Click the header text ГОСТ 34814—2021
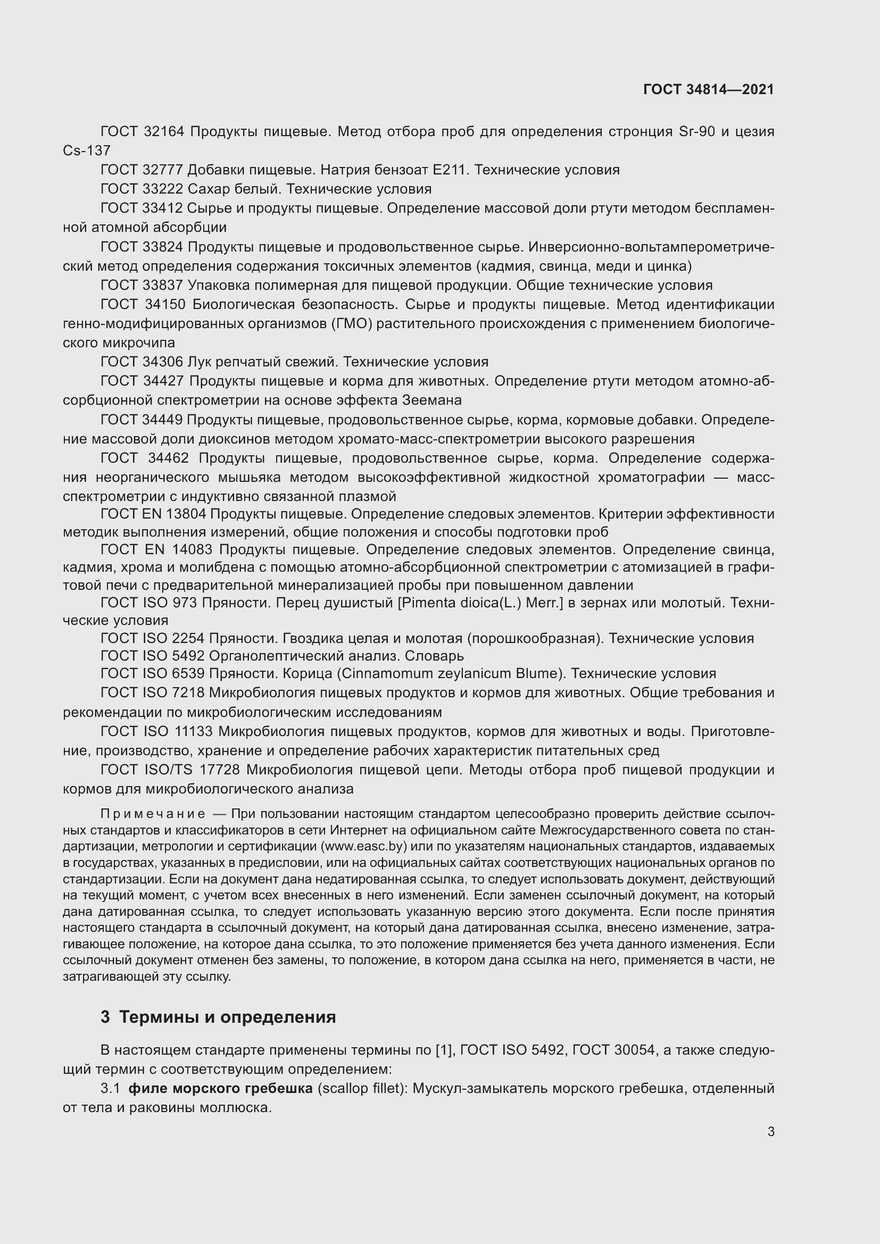tap(708, 89)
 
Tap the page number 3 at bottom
tap(770, 1131)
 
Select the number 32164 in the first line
tap(165, 132)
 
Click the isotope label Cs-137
tap(87, 151)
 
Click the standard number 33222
tap(165, 189)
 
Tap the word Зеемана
tap(432, 400)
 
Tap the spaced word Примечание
tap(153, 814)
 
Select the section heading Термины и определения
tap(228, 1017)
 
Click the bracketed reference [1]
tap(444, 1050)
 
